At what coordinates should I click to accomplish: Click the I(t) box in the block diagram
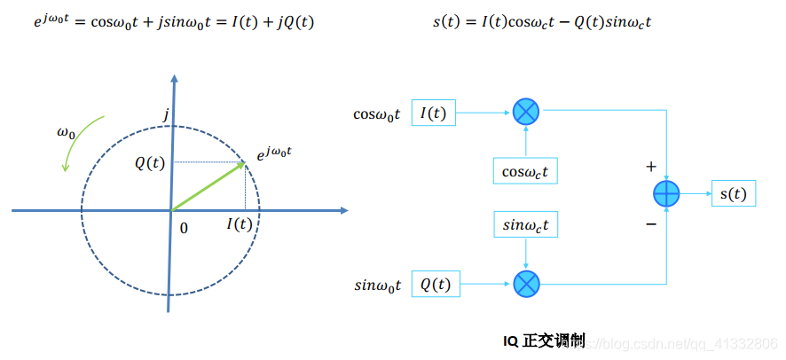click(433, 113)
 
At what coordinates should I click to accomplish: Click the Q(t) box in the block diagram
click(435, 285)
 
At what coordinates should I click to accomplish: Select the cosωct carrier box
click(525, 170)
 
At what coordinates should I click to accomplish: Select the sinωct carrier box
click(526, 225)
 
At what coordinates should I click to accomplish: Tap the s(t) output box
click(733, 193)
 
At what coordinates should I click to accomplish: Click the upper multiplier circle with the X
click(526, 112)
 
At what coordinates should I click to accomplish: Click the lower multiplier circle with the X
click(526, 284)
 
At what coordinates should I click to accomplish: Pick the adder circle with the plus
click(666, 193)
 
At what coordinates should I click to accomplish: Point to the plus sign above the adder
click(651, 167)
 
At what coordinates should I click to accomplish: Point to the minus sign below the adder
click(651, 223)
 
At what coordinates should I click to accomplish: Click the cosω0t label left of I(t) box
click(377, 113)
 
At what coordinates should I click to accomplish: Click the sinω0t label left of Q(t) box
click(378, 285)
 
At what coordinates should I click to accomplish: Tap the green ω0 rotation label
click(67, 133)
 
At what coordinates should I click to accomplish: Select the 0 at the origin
click(184, 228)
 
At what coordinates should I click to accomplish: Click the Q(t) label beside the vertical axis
click(149, 163)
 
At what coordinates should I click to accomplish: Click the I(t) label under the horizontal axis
click(239, 224)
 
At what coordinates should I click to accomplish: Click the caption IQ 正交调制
click(543, 339)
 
